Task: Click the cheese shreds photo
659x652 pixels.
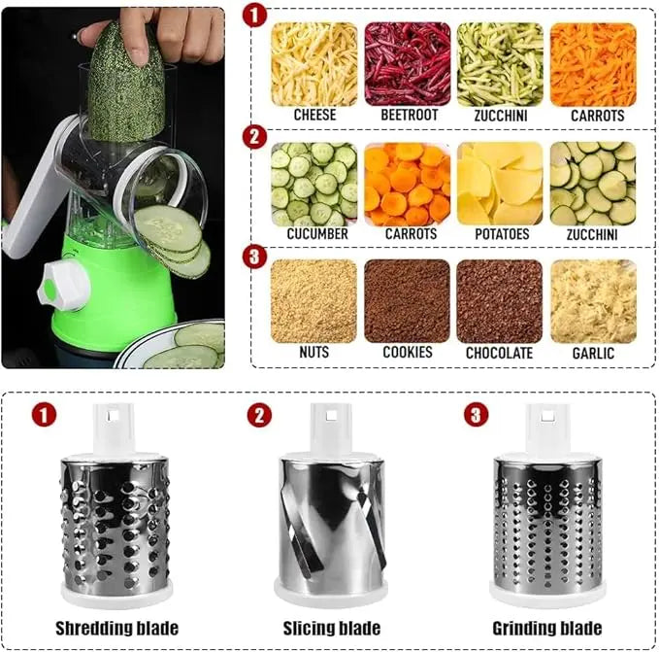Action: tap(313, 64)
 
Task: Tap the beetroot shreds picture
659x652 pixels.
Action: tap(407, 64)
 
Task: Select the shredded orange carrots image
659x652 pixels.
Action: tap(593, 64)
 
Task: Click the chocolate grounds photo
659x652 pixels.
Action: tap(500, 301)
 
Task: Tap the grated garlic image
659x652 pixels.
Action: tap(593, 301)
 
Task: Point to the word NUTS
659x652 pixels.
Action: tap(313, 353)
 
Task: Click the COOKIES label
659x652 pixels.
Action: tap(407, 353)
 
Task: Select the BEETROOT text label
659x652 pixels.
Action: tap(407, 115)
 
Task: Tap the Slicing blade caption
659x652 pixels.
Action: tap(331, 628)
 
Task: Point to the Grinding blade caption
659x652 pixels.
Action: tap(546, 628)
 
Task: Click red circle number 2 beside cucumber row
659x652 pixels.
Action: tap(253, 136)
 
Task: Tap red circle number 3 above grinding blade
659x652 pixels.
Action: tap(475, 416)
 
